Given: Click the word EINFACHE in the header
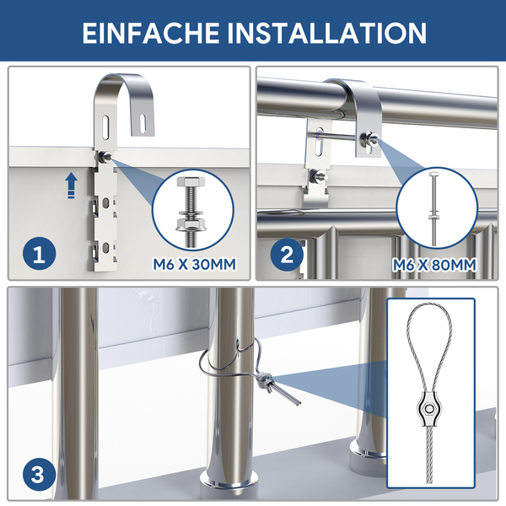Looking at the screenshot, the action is (x=150, y=33).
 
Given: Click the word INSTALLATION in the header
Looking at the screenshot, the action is (x=327, y=33).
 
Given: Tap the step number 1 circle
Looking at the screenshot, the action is (x=39, y=255).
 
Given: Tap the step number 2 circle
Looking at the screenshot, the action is (x=287, y=255).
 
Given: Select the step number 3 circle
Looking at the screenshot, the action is (x=39, y=475).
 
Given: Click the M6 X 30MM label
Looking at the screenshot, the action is (x=194, y=264).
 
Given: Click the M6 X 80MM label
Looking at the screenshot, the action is (x=434, y=265).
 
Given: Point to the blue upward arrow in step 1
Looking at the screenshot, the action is (x=72, y=185).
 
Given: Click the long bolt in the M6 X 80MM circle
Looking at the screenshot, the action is (x=433, y=209).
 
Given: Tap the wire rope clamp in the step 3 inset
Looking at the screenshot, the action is (x=429, y=409).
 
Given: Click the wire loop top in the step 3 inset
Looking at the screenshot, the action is (x=429, y=306).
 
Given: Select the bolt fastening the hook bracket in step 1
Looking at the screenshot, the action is (x=104, y=157).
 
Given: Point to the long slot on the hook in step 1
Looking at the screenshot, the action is (x=105, y=126).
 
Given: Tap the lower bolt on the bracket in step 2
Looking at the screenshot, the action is (x=318, y=176).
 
